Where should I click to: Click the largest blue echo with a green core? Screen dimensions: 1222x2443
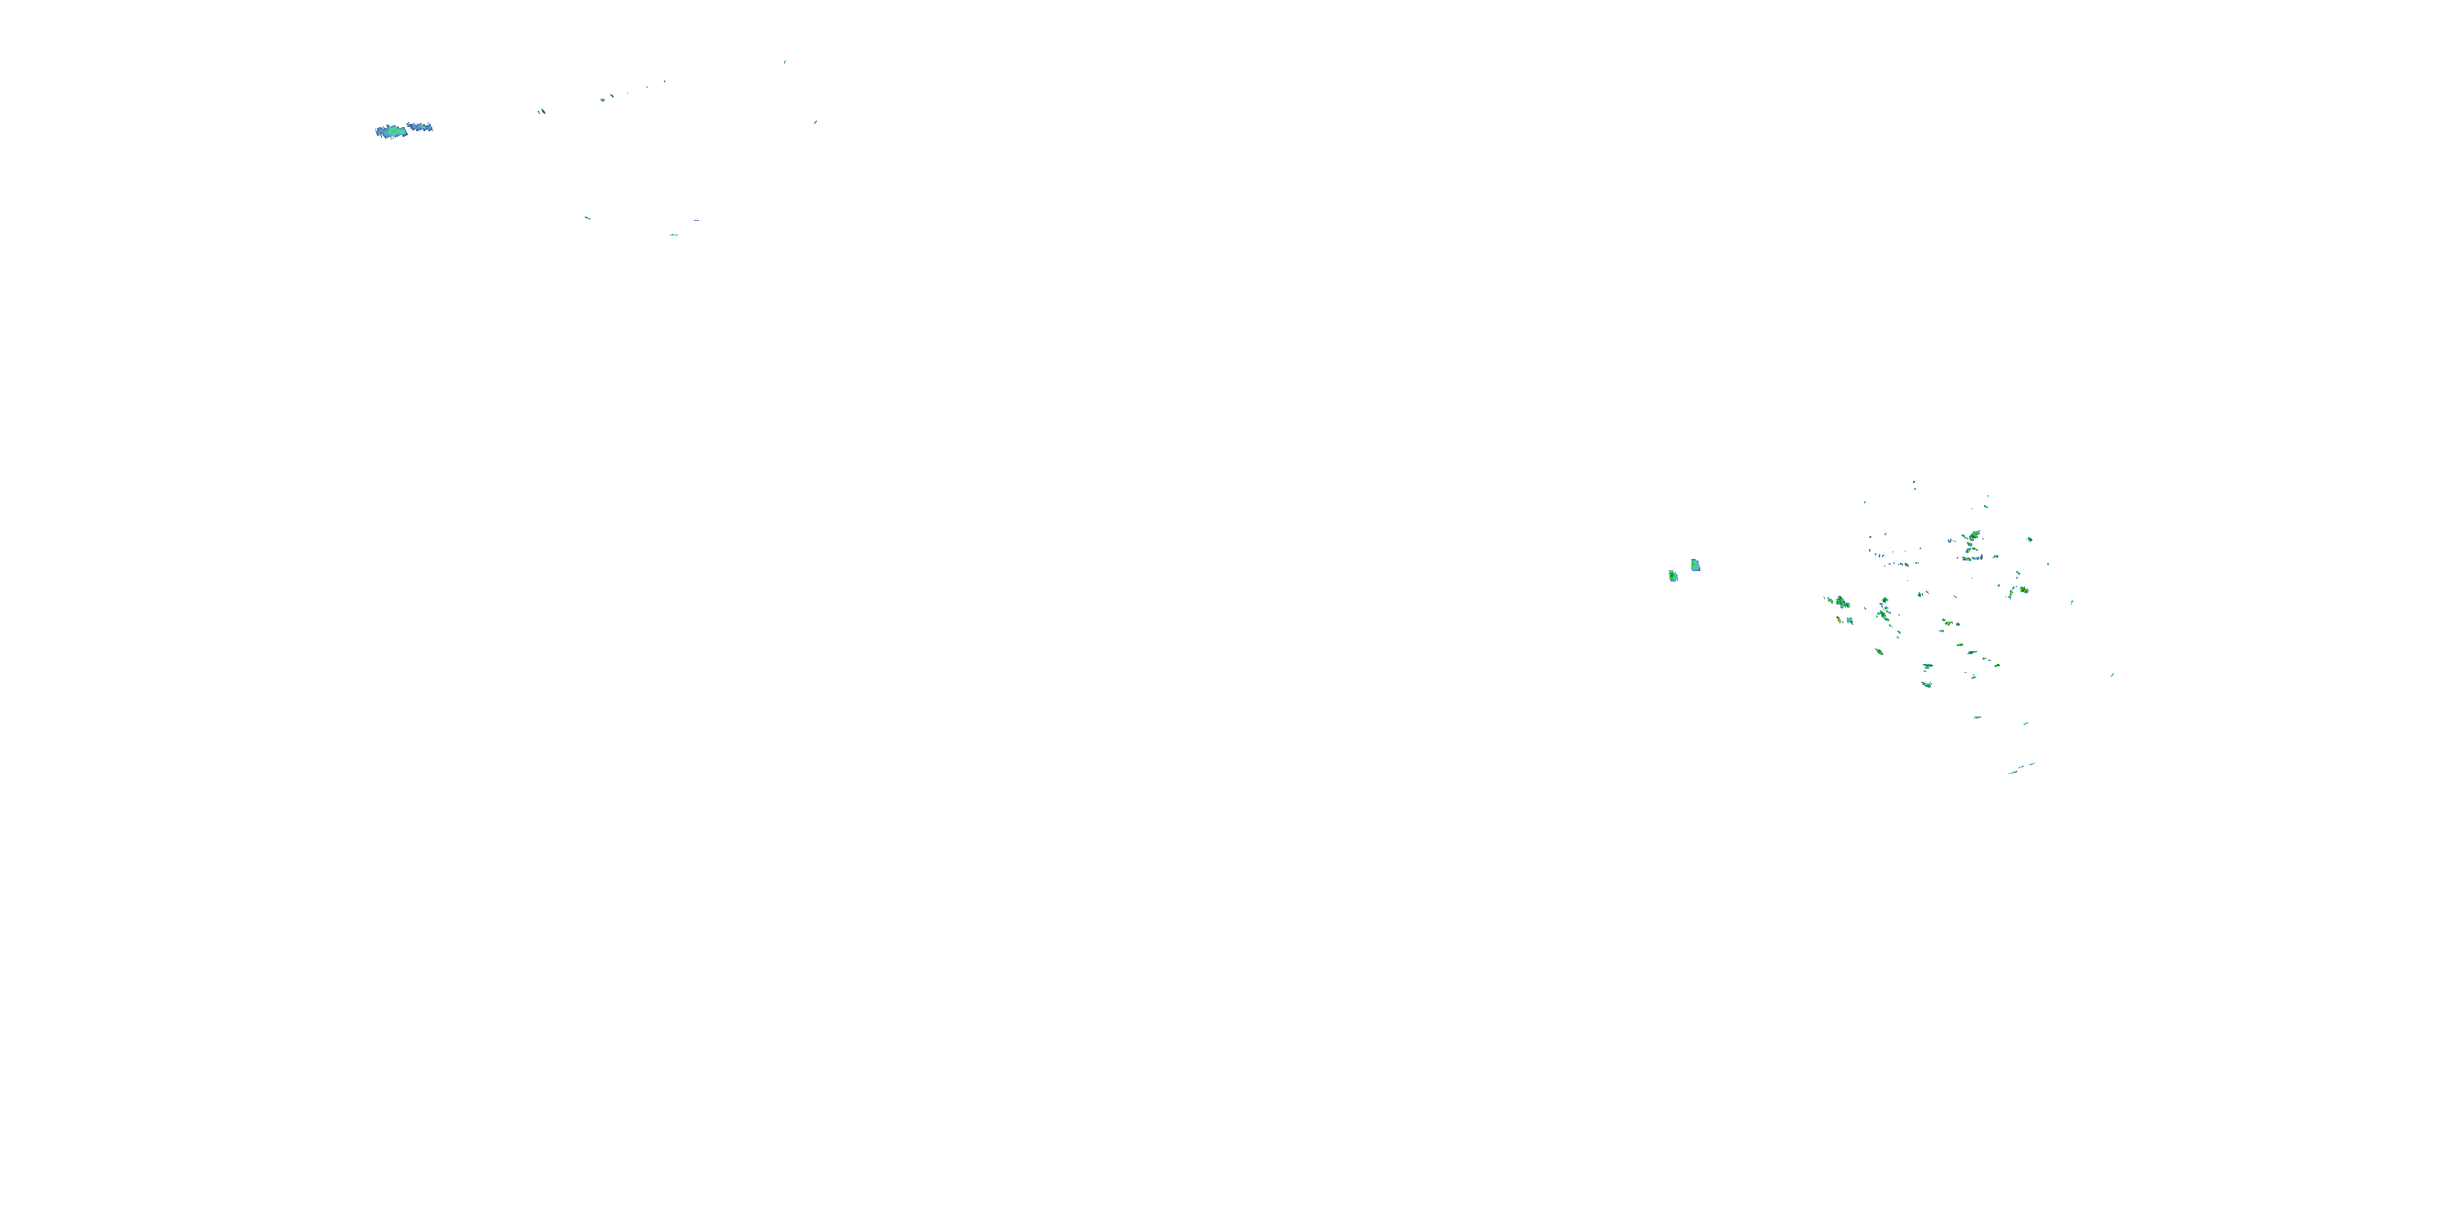pyautogui.click(x=391, y=131)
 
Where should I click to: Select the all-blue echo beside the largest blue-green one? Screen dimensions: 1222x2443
pyautogui.click(x=419, y=126)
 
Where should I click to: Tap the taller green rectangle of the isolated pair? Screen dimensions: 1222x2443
pyautogui.click(x=1695, y=565)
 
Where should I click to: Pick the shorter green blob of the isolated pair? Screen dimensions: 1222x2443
pyautogui.click(x=1673, y=576)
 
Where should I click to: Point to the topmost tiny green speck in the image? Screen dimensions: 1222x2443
pyautogui.click(x=784, y=62)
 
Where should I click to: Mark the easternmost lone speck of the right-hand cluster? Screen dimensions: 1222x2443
pyautogui.click(x=2112, y=675)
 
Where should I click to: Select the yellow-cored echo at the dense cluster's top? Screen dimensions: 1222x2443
pyautogui.click(x=1974, y=536)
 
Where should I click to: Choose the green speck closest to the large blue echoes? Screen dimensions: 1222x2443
pyautogui.click(x=542, y=111)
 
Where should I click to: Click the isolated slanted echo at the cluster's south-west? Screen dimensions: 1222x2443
pyautogui.click(x=1879, y=652)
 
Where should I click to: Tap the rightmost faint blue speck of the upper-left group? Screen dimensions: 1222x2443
pyautogui.click(x=814, y=122)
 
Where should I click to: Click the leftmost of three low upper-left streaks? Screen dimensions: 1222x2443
pyautogui.click(x=587, y=218)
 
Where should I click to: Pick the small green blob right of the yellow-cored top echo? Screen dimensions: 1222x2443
pyautogui.click(x=2029, y=538)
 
